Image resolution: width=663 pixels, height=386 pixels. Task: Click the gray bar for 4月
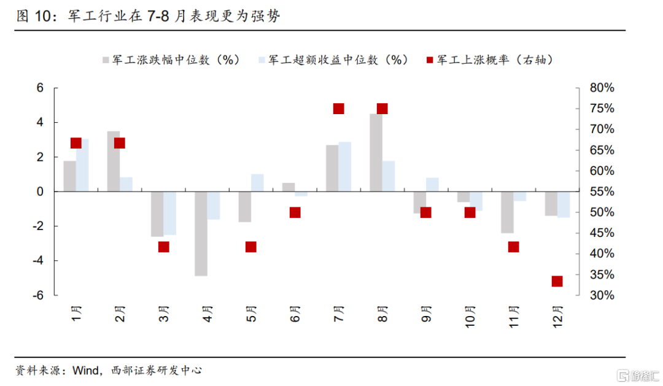201,233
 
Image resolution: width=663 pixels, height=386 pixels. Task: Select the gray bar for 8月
376,153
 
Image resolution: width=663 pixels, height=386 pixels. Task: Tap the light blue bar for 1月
83,165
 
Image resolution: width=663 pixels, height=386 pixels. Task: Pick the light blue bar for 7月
345,166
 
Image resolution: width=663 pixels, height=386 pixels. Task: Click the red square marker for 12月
557,281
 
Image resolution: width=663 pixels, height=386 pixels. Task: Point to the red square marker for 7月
338,109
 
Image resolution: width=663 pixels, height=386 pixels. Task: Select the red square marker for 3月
163,247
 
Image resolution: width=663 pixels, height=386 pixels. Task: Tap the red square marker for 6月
295,212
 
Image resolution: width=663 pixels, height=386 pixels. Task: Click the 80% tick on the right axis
601,88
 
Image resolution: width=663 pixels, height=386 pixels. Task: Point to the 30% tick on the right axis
601,295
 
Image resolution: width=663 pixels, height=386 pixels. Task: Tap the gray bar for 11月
507,212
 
